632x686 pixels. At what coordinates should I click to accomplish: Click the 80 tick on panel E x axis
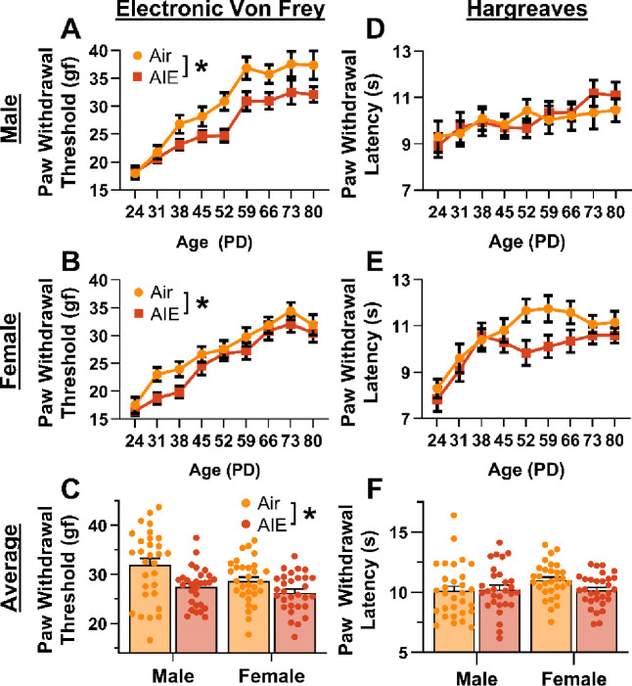(614, 436)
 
